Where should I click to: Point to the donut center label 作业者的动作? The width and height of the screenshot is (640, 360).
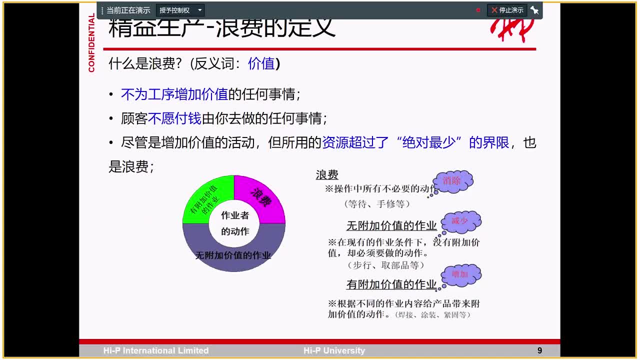point(234,223)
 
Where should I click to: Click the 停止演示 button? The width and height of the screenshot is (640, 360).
point(507,10)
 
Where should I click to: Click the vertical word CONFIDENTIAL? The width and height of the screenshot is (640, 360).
point(91,42)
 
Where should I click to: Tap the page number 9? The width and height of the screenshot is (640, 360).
point(539,350)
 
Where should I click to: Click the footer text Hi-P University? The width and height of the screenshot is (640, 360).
point(334,350)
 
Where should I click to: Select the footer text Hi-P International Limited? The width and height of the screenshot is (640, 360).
point(155,350)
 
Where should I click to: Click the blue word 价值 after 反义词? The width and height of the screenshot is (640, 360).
point(261,63)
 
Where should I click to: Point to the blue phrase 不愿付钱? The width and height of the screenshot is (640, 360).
point(174,118)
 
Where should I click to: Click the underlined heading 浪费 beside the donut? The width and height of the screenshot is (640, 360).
point(327,174)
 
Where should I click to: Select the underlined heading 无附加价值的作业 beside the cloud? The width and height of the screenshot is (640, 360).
point(391,226)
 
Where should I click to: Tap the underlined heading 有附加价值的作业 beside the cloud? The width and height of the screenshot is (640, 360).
point(391,284)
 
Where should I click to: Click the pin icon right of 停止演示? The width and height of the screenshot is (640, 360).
point(534,10)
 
